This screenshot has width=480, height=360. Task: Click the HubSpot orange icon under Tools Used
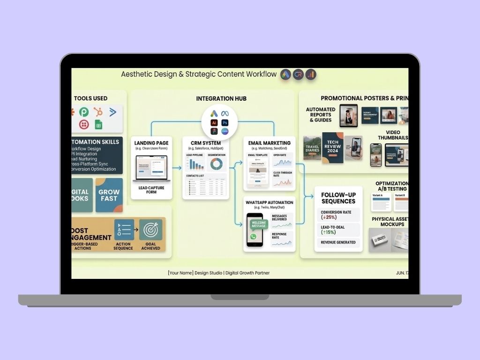click(98, 112)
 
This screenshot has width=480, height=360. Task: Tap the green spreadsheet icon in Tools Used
click(98, 125)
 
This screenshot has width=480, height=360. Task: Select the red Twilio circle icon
click(84, 125)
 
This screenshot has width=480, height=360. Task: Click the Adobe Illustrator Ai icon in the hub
click(214, 123)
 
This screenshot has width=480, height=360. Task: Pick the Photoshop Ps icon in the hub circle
click(225, 123)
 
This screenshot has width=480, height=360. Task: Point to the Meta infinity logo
click(225, 113)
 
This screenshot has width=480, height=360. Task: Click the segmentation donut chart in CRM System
click(217, 164)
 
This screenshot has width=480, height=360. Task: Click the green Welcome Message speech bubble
click(258, 224)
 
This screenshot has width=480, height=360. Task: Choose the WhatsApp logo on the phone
click(254, 237)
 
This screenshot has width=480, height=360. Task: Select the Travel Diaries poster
click(312, 150)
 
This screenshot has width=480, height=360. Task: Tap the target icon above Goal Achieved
click(151, 230)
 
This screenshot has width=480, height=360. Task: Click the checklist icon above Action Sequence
click(124, 230)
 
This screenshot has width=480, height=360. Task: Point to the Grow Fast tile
click(109, 195)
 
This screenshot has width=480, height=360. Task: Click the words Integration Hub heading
click(221, 99)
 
